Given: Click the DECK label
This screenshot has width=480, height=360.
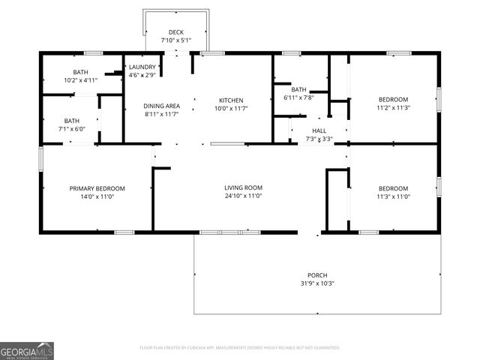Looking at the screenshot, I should (176, 32).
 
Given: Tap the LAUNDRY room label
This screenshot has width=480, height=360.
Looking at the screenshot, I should (142, 67).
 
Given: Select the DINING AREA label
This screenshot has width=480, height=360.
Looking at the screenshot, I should (162, 106).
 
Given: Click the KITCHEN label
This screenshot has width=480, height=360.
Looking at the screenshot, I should (231, 100).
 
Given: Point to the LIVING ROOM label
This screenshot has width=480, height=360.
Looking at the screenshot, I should (243, 187).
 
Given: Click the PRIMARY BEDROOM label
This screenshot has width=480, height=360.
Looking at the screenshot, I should (97, 188).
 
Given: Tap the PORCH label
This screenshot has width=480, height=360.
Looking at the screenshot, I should (317, 275).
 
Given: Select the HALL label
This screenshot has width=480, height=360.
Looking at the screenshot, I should (319, 130).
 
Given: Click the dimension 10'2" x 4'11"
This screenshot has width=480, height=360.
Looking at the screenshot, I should (81, 79).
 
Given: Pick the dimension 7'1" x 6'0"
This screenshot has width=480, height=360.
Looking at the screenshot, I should (72, 129).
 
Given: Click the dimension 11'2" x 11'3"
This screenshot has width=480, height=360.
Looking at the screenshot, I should (393, 107).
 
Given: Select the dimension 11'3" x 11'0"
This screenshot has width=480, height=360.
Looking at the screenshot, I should (393, 196).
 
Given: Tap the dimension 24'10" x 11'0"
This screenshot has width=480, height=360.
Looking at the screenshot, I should (243, 196).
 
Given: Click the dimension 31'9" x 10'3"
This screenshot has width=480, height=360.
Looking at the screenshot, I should (317, 283).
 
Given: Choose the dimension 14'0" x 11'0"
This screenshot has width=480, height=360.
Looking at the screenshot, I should (97, 196).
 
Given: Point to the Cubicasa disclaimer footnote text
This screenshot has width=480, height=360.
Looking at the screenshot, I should (240, 347).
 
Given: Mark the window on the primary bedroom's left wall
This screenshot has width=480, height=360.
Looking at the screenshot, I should (40, 159).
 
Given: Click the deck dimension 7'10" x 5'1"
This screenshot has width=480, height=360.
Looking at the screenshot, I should (176, 40).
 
